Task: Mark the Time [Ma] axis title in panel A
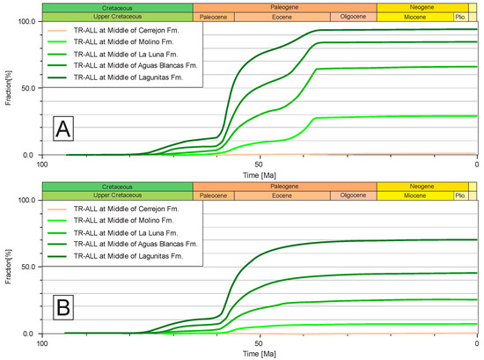coord(259,174)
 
